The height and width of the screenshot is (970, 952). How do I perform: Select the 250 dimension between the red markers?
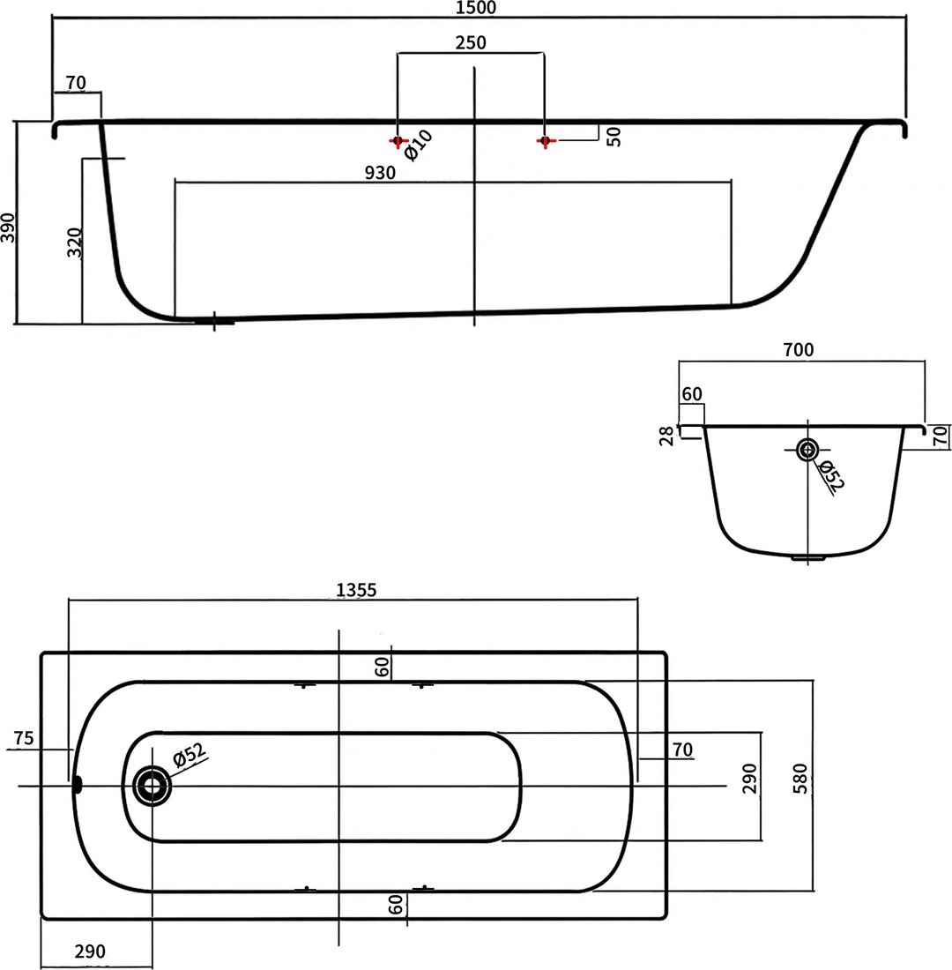pyautogui.click(x=471, y=42)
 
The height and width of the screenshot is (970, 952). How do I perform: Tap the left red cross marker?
pyautogui.click(x=398, y=141)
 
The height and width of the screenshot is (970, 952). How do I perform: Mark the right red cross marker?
pyautogui.click(x=545, y=141)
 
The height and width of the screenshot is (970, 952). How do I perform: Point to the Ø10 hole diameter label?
pyautogui.click(x=419, y=146)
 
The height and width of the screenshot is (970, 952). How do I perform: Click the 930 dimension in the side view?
pyautogui.click(x=380, y=173)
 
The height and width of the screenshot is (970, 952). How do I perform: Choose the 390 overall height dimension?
pyautogui.click(x=8, y=227)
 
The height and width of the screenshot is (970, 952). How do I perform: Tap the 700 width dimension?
pyautogui.click(x=798, y=350)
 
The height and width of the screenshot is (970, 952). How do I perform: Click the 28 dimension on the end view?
pyautogui.click(x=666, y=436)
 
